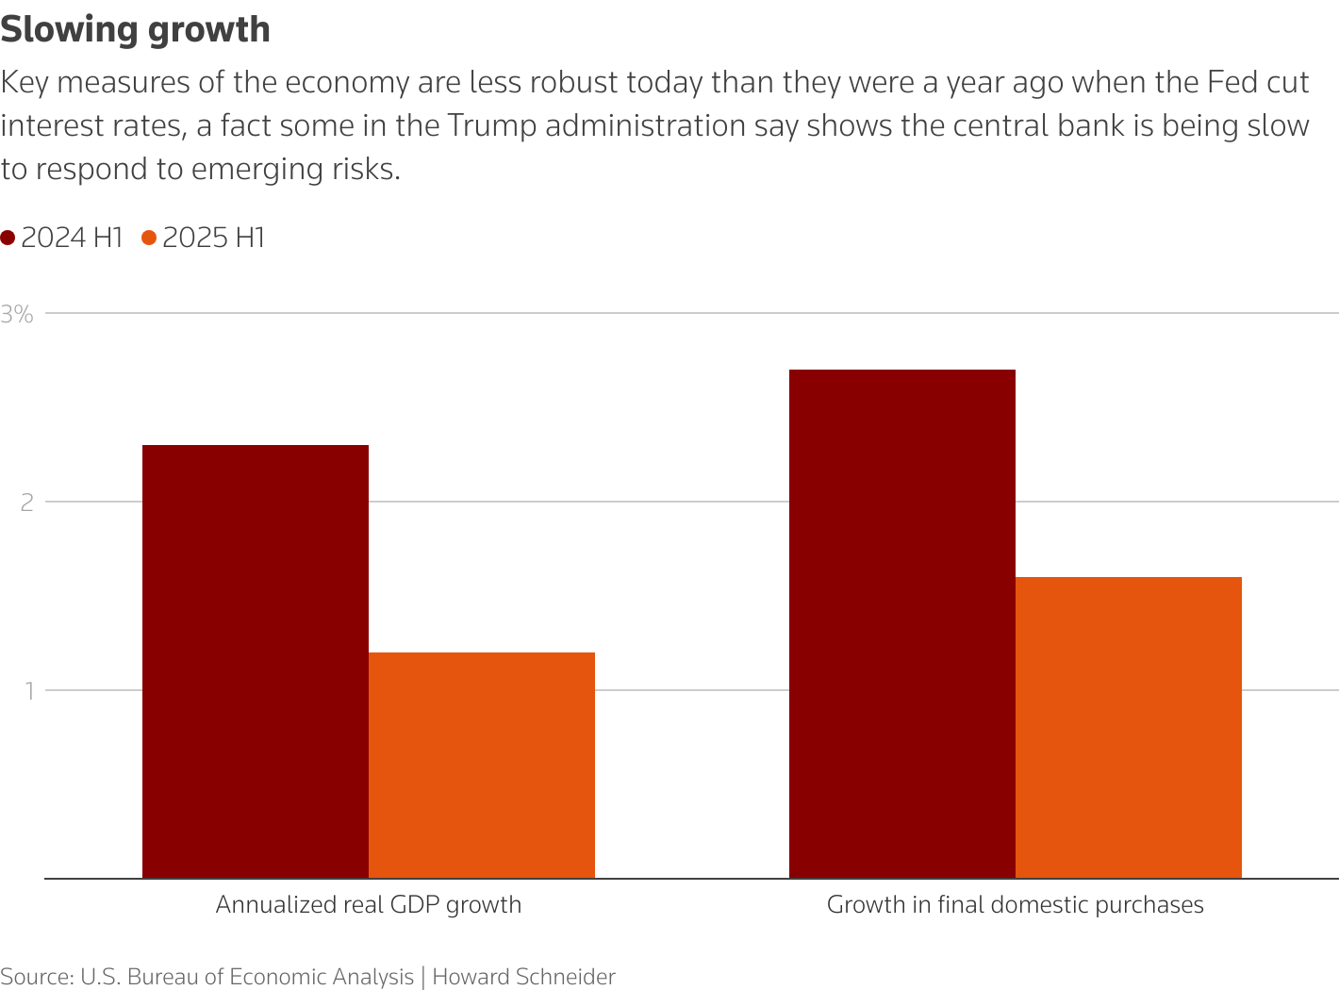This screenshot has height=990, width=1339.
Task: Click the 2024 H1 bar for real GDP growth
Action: tap(256, 661)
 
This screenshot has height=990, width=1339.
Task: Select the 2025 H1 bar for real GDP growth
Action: tap(482, 765)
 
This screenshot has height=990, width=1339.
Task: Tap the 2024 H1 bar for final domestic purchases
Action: tap(902, 623)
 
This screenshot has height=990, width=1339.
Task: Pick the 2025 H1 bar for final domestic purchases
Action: tap(1129, 727)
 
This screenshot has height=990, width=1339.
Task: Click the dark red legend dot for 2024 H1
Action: tap(8, 239)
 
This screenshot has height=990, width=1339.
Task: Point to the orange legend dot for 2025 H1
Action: tap(149, 239)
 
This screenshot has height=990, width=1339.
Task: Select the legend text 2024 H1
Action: tap(73, 238)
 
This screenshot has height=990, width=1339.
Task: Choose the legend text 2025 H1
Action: tap(214, 238)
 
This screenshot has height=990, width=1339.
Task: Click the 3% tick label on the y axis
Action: tap(17, 314)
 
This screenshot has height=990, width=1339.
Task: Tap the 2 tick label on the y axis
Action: tap(26, 502)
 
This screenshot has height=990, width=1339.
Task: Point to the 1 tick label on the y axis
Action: tap(28, 690)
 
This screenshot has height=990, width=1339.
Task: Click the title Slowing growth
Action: tap(136, 29)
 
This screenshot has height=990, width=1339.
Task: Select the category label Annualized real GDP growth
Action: tap(369, 905)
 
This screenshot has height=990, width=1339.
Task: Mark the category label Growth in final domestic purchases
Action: tap(1016, 905)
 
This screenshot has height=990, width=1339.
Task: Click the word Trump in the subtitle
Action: tap(489, 125)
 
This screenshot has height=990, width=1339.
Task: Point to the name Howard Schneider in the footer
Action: tap(523, 977)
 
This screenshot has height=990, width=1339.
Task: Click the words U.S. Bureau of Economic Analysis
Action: tap(247, 977)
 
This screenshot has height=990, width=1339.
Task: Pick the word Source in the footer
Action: tap(35, 977)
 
